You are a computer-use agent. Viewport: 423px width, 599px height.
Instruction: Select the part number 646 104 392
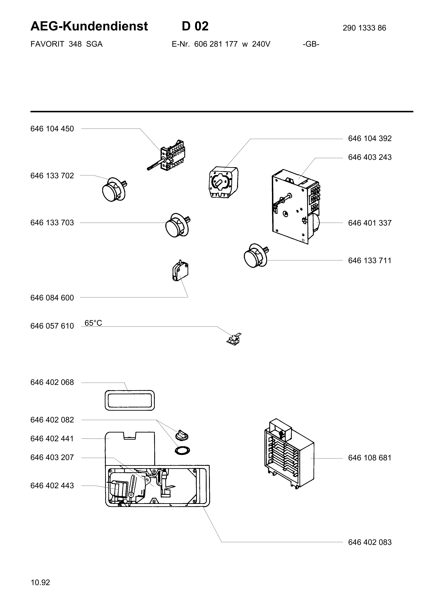coord(370,138)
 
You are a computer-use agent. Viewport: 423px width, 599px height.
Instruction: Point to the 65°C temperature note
coord(93,323)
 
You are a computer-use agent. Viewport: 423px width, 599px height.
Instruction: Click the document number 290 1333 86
coord(364,28)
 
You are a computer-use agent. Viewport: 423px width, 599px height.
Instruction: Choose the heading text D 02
coord(195,26)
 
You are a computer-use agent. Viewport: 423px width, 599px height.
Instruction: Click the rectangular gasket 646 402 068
coord(130,400)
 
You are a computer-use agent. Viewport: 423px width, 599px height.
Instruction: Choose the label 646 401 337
coord(370,223)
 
